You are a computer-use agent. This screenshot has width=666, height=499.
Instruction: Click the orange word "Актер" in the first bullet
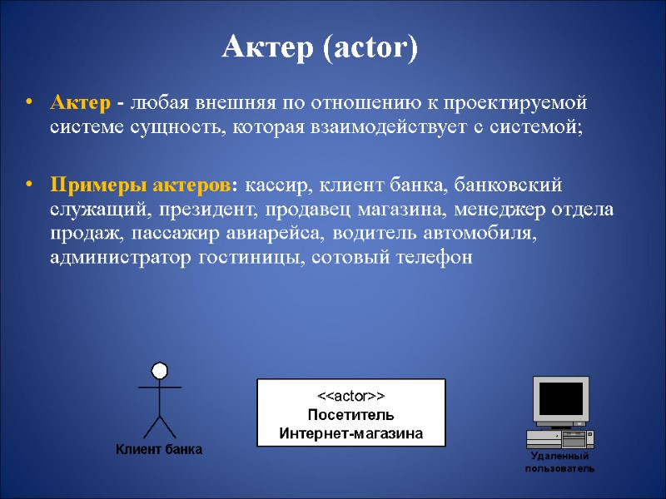pyautogui.click(x=80, y=104)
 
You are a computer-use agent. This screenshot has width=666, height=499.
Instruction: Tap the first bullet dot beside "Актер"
pyautogui.click(x=30, y=104)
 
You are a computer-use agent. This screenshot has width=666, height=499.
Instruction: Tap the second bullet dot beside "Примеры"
pyautogui.click(x=30, y=184)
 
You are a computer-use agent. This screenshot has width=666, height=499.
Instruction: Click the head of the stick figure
pyautogui.click(x=159, y=370)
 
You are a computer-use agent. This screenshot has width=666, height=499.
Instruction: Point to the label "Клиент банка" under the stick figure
pyautogui.click(x=158, y=450)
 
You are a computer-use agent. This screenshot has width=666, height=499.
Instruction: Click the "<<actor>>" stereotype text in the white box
pyautogui.click(x=350, y=397)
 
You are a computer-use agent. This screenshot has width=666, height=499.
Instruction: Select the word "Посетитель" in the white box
pyautogui.click(x=350, y=415)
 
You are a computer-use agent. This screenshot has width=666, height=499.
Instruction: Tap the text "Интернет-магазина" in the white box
pyautogui.click(x=350, y=433)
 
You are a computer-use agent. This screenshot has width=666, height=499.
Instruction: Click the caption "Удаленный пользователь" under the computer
pyautogui.click(x=559, y=463)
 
